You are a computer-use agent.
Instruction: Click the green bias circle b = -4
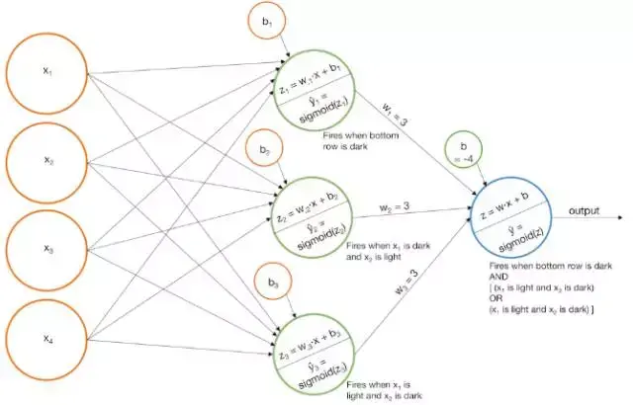[x=465, y=152]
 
